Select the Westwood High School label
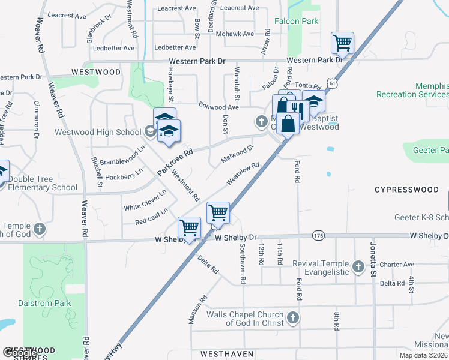coord(98,132)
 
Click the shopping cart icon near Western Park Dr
coord(342,43)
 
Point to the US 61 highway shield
coord(334,83)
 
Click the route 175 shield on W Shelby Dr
coord(318,236)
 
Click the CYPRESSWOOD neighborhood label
coord(406,190)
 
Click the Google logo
coord(20,353)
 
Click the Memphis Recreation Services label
coord(412,90)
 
